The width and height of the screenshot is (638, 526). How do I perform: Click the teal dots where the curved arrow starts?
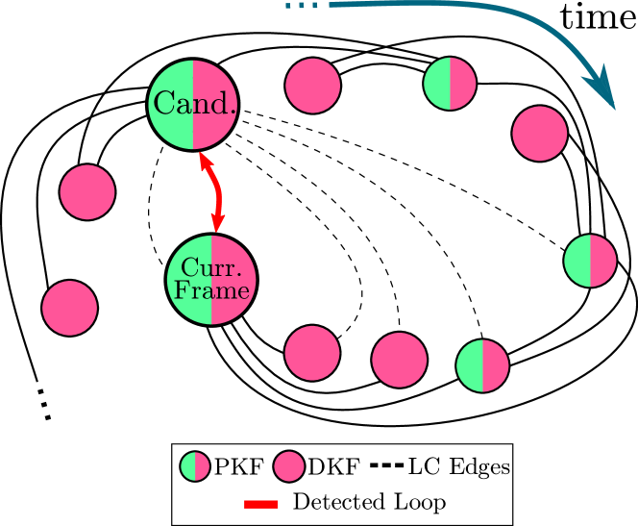301,6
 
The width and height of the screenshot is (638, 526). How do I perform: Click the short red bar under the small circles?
260,504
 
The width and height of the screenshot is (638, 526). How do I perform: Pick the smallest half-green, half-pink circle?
195,466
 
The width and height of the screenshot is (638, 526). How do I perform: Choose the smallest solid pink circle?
289,466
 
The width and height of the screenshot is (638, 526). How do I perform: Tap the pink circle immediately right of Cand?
313,86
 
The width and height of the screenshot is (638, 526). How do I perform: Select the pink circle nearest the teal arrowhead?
540,134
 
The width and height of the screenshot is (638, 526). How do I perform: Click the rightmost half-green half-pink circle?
590,261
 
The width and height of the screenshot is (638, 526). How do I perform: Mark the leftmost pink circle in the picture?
70,309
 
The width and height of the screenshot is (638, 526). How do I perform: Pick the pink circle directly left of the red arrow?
87,192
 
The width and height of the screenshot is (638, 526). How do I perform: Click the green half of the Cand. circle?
172,104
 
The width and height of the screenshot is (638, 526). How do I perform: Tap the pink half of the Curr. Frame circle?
233,280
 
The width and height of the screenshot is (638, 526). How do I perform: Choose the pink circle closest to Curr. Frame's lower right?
312,353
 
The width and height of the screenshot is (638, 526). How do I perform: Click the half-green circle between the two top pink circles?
450,84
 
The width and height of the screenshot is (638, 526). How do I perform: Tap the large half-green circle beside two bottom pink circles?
482,366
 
